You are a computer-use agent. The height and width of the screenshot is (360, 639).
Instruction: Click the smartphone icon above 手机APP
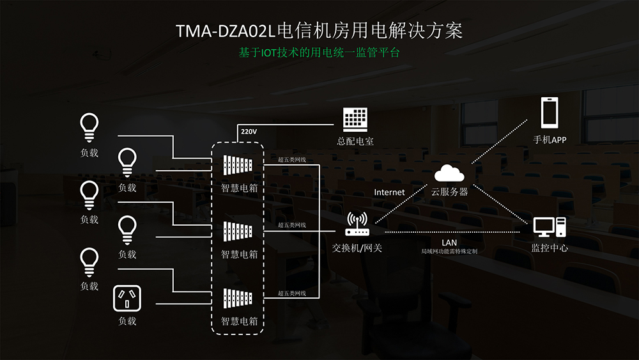pos(550,113)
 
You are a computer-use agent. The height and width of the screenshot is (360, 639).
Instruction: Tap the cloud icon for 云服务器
pos(449,173)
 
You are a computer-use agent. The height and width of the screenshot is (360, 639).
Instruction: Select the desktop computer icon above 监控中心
pos(550,227)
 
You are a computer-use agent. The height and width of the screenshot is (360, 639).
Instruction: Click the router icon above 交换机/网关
pos(357,224)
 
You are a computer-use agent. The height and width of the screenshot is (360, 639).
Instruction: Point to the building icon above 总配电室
pos(355,120)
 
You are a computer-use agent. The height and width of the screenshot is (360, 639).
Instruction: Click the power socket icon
pos(127,299)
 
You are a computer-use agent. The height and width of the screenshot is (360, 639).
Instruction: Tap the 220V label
pos(249,132)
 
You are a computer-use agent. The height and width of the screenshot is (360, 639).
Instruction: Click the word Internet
pos(389,192)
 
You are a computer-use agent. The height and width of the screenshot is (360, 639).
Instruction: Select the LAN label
pos(449,242)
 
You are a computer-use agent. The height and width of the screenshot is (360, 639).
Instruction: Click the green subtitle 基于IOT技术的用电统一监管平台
pos(319,52)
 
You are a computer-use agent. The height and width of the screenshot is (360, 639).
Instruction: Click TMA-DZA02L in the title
pos(226,31)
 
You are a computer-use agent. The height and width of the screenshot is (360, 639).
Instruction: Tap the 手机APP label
pos(550,140)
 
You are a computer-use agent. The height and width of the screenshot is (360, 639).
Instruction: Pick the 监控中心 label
pos(550,248)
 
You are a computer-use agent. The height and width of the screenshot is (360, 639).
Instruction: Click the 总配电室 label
pos(355,141)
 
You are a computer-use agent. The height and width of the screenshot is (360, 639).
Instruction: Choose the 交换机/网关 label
pos(357,248)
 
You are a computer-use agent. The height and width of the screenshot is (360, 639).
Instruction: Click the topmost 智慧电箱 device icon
pos(238,165)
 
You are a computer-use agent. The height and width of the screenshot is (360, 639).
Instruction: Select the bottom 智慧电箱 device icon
pos(238,298)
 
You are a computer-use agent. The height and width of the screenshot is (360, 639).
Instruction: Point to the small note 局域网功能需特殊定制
pos(449,251)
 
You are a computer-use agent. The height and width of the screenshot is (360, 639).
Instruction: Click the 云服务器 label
pos(449,192)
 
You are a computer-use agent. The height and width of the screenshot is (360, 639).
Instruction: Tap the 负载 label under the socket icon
pos(127,321)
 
